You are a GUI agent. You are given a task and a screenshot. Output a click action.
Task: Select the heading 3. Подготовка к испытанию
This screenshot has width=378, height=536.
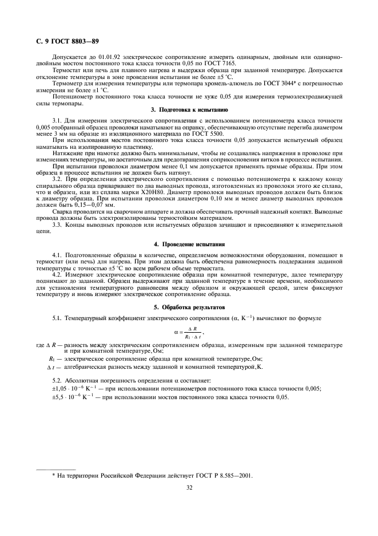coord(189,108)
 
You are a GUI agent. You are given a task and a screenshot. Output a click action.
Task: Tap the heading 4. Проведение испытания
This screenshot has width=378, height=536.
coord(189,245)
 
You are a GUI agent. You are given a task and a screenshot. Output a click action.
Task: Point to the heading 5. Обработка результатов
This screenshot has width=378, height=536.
coord(189,307)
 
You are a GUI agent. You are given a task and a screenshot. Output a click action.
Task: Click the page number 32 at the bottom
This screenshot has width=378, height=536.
coord(189,488)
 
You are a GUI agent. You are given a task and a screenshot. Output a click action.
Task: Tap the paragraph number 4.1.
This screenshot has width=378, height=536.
coord(58,254)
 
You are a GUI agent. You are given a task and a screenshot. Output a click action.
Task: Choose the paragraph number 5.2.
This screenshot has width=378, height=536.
coord(58,381)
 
